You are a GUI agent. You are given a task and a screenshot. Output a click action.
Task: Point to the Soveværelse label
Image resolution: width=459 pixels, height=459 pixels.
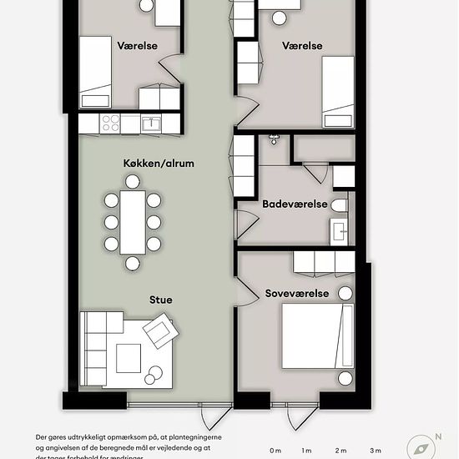297,294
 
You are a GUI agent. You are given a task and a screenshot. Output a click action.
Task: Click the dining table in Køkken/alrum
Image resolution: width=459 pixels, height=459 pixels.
133,223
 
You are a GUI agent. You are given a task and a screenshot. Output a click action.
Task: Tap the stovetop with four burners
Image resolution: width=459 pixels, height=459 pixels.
110,124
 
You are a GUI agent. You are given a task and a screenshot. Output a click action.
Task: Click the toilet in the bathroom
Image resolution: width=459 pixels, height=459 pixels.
339,204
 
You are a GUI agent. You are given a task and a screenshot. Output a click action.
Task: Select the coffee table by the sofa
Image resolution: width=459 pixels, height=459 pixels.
129,358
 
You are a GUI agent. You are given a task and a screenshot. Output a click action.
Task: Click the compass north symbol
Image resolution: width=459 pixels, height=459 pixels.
421,447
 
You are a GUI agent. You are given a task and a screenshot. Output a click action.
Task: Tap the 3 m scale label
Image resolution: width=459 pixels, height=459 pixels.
376,451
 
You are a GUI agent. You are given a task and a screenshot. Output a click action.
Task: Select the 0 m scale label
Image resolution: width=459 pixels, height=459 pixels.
275,451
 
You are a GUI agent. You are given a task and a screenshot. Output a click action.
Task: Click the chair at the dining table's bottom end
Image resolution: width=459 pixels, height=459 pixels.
133,264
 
